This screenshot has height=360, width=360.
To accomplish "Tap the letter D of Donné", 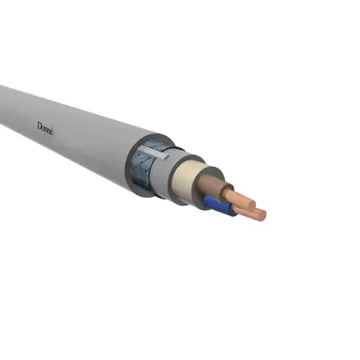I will [x=39, y=123].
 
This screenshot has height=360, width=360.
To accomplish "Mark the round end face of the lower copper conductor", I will [x=262, y=216].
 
